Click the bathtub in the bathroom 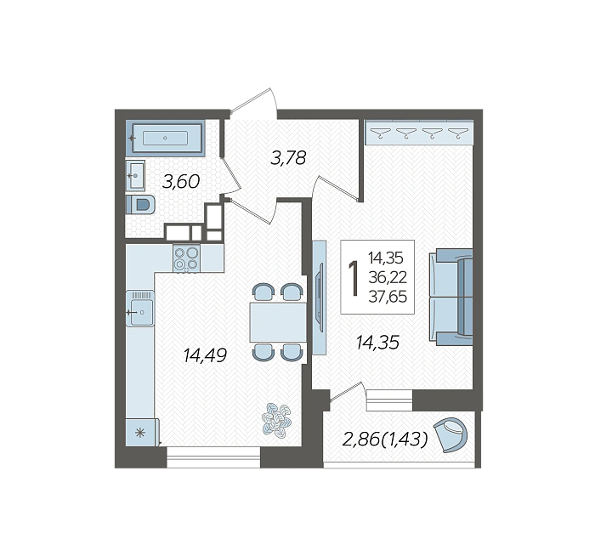pos(165,138)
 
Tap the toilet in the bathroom pos(140,205)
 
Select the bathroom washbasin pos(135,175)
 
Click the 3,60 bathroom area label pos(180,182)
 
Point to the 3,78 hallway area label pos(288,158)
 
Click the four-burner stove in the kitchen pos(187,258)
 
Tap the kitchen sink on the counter pos(140,309)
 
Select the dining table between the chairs pos(278,322)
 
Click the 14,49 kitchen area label pos(205,355)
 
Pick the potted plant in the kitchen pos(276,421)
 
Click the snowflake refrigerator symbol pos(140,433)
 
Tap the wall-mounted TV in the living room pos(320,298)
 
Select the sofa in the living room pos(451,298)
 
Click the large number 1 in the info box pos(354,278)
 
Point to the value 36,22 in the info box pos(388,277)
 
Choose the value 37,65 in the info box pos(388,297)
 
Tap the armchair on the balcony pos(450,435)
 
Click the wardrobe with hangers pos(419,133)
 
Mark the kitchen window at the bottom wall pos(213,457)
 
